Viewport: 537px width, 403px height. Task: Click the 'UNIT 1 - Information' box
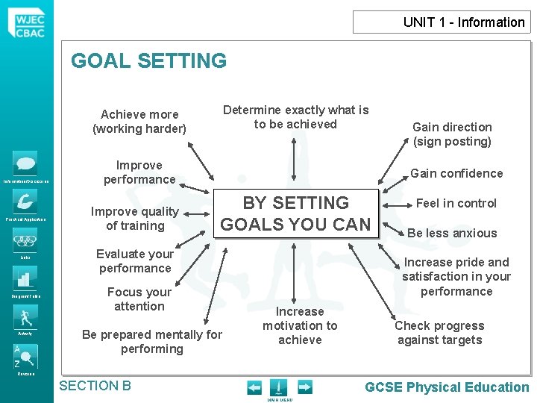point(442,22)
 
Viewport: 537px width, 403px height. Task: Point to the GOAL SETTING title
point(148,60)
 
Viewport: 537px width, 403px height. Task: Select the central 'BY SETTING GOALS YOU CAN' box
point(296,213)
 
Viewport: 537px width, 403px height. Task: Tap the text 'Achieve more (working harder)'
point(139,122)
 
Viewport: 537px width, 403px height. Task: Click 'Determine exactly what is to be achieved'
point(295,117)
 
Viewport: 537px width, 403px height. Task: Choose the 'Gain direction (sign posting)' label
point(452,134)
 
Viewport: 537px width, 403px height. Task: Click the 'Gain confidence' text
point(456,173)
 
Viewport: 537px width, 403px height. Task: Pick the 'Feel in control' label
point(456,203)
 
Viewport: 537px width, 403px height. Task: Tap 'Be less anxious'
point(452,233)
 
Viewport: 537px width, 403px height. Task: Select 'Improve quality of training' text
point(135,219)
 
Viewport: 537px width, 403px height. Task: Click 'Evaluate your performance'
point(135,261)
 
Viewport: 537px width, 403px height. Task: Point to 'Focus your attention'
point(139,299)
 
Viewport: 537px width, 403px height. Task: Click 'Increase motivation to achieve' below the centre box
point(300,325)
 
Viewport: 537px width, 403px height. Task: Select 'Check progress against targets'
point(439,333)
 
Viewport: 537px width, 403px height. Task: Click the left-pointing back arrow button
point(254,387)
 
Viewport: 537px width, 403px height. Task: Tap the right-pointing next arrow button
point(305,387)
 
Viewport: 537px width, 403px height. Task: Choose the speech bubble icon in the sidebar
point(25,163)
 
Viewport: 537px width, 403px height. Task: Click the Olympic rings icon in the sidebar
point(25,241)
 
